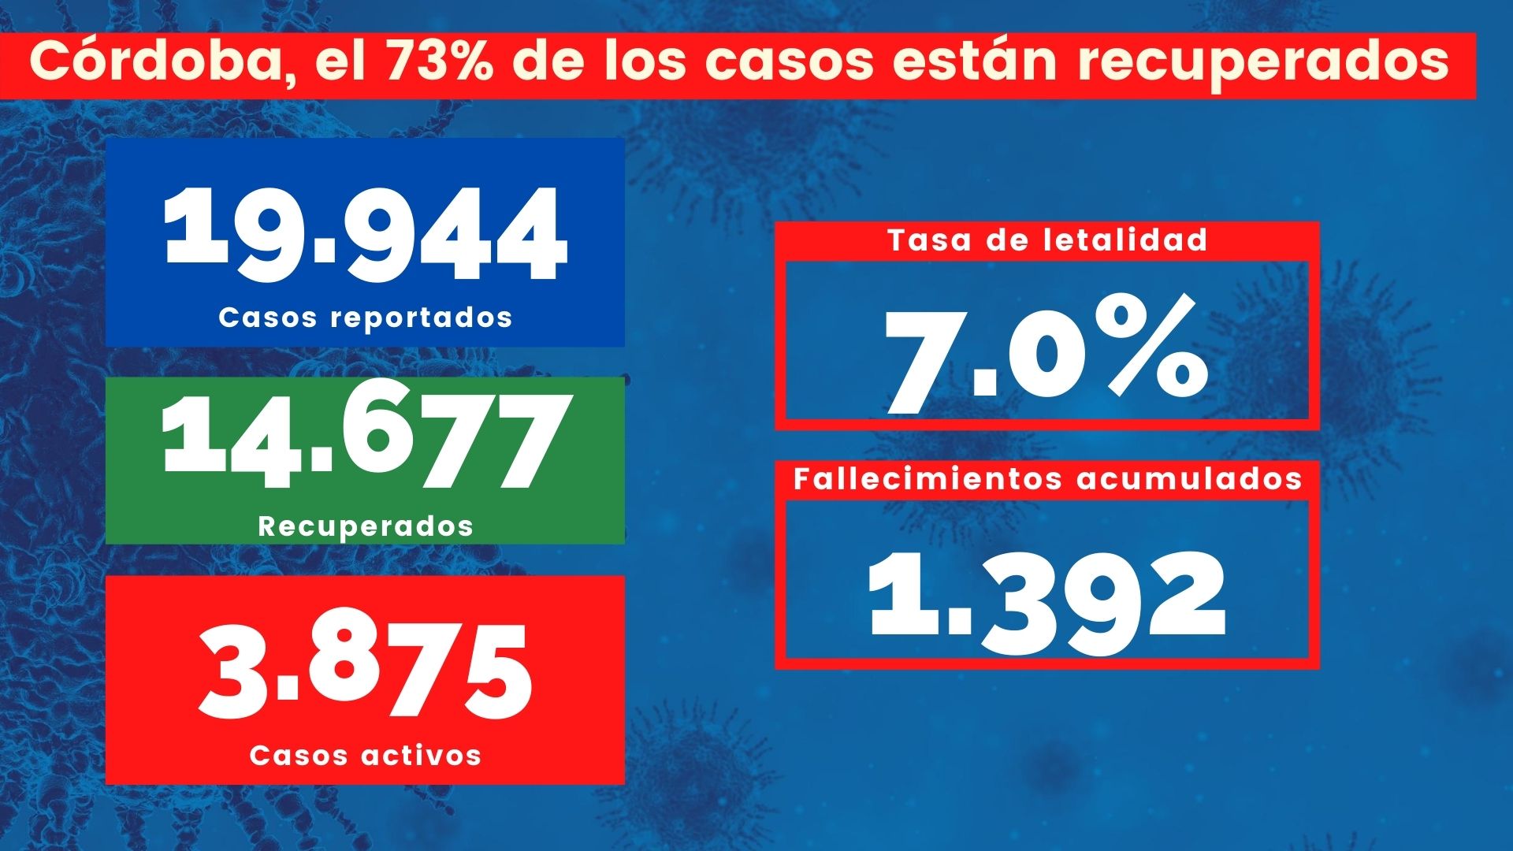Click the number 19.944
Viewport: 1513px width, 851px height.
(x=365, y=234)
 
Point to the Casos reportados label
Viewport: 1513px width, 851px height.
(x=365, y=318)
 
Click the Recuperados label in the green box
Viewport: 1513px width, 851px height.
(x=365, y=526)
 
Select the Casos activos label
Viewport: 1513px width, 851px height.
(x=365, y=756)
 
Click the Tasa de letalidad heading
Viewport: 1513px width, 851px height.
(x=1047, y=240)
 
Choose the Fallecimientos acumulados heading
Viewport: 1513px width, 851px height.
(x=1047, y=479)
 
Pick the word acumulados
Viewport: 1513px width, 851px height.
(x=1189, y=479)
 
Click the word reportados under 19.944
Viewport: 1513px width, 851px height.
(x=421, y=318)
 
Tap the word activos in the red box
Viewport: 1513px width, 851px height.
(x=421, y=756)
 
